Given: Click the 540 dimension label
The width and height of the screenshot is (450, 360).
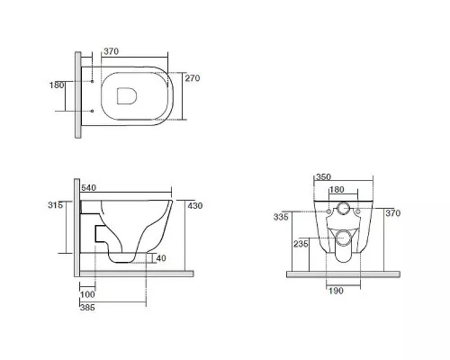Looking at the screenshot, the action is [88, 188].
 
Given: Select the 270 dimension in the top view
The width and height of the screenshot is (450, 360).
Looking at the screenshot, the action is [193, 78].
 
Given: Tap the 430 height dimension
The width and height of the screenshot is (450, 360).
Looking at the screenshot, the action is [195, 206].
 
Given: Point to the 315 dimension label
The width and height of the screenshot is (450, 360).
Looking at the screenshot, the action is [56, 205].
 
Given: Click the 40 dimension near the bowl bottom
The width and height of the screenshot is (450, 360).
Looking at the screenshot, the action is [161, 258].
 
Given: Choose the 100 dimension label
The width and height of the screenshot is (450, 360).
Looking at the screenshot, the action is [87, 294].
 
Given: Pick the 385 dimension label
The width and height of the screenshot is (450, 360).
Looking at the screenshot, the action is [87, 307].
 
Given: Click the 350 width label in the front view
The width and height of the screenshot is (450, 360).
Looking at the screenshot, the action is [323, 177].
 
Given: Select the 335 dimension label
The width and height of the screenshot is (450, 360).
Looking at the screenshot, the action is [281, 217].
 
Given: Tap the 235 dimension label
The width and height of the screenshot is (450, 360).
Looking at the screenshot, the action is [301, 244].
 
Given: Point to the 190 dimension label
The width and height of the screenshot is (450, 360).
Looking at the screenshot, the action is [336, 291].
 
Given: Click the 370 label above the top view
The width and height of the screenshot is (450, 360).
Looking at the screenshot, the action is [112, 51].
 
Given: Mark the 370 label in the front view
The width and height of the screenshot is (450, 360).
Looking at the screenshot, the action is [393, 213].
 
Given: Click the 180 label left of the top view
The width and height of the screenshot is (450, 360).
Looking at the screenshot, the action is [57, 85].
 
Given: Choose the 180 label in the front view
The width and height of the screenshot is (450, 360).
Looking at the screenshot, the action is [337, 190].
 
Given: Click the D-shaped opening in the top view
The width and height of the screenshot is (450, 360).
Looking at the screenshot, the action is [127, 96].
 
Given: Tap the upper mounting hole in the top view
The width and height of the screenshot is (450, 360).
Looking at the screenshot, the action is [93, 81].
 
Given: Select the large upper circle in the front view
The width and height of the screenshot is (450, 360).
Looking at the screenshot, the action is [343, 208].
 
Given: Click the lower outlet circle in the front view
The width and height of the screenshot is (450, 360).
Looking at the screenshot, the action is [343, 238].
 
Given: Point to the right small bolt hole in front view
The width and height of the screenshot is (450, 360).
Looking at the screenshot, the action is [357, 211].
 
